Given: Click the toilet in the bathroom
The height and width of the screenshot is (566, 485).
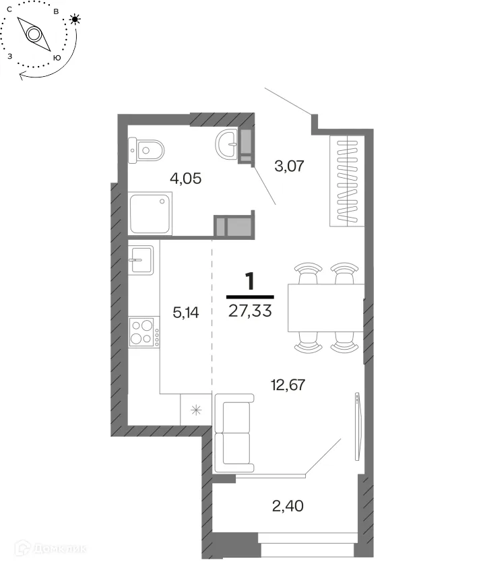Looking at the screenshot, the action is click(145, 150).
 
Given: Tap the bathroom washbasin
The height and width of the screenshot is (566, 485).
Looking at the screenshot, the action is click(226, 144).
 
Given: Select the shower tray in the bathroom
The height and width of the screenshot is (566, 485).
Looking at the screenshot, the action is click(150, 214).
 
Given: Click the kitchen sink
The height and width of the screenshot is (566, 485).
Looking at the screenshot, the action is click(141, 259).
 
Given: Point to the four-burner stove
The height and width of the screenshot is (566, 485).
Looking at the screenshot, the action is click(144, 332).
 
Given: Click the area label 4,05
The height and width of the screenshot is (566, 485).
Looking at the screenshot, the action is click(185, 179).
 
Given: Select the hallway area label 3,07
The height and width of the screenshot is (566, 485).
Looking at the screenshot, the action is click(289, 166).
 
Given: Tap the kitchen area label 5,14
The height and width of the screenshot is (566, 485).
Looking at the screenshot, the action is click(185, 313).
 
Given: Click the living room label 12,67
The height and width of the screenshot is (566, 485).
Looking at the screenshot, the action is click(288, 385).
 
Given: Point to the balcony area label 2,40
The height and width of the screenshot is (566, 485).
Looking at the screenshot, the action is click(288, 506).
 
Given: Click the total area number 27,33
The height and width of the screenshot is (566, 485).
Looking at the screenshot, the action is click(250, 311).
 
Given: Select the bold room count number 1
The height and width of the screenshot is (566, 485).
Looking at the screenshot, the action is click(250, 281).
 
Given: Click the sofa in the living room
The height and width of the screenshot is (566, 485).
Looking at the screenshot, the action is click(234, 433).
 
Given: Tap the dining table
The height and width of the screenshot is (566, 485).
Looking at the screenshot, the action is click(326, 308).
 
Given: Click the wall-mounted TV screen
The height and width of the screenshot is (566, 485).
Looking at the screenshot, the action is click(357, 427).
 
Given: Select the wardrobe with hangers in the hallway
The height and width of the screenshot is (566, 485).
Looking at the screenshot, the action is click(347, 181).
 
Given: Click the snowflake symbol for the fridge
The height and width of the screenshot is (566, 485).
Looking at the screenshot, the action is click(196, 410).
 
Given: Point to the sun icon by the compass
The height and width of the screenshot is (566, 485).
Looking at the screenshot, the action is click(75, 19).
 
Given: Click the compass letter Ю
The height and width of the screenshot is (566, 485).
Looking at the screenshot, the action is click(57, 58).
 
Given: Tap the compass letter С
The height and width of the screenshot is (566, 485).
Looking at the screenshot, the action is click(9, 9).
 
